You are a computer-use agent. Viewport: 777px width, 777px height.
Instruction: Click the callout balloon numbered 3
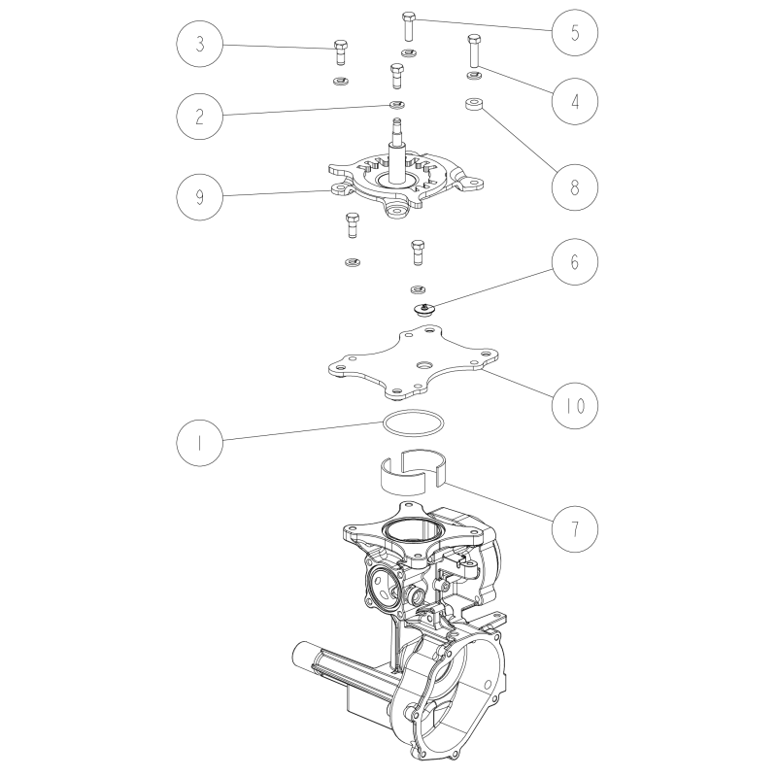point(199,45)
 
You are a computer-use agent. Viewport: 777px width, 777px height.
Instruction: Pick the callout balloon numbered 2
point(199,115)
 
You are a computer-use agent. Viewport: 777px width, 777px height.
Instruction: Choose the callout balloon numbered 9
point(199,196)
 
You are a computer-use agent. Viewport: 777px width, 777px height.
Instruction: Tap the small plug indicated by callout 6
point(422,310)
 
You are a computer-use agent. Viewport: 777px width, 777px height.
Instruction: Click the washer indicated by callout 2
point(396,105)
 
